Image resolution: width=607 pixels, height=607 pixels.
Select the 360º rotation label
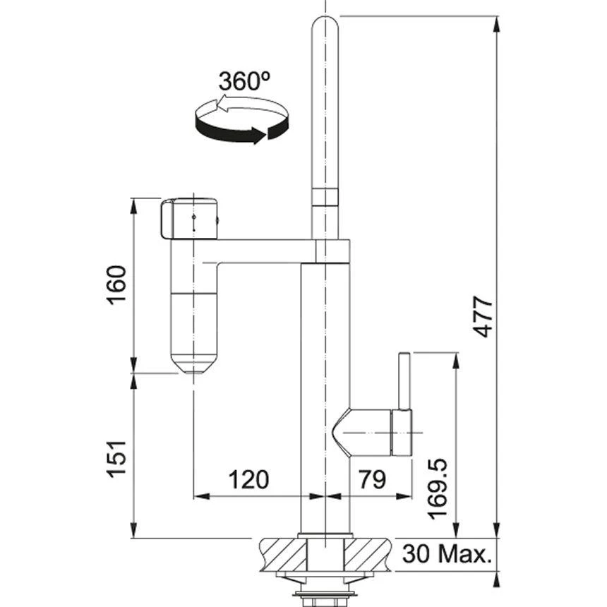click(x=244, y=82)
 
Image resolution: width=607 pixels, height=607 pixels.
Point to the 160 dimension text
click(x=117, y=285)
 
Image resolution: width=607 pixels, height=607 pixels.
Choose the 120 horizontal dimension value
click(x=248, y=480)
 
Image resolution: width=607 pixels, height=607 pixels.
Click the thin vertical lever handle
click(x=404, y=381)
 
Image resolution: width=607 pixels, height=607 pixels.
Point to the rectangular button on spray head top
click(x=168, y=220)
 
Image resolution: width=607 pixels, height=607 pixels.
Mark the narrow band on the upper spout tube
click(x=325, y=197)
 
